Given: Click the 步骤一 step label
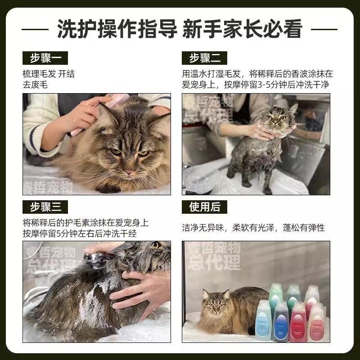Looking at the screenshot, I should (x=45, y=58).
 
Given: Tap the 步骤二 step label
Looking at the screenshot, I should (x=204, y=58).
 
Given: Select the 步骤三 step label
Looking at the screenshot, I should (x=45, y=207).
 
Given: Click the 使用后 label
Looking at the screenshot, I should (x=204, y=207).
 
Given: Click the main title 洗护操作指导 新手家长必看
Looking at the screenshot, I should (x=180, y=29).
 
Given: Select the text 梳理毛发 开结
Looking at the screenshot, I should (x=49, y=74).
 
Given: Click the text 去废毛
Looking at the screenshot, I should (x=35, y=85).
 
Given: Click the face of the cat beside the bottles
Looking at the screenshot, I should (x=215, y=307).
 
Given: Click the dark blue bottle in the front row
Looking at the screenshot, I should (x=280, y=322).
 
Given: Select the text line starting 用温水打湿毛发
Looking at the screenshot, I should (x=257, y=74).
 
